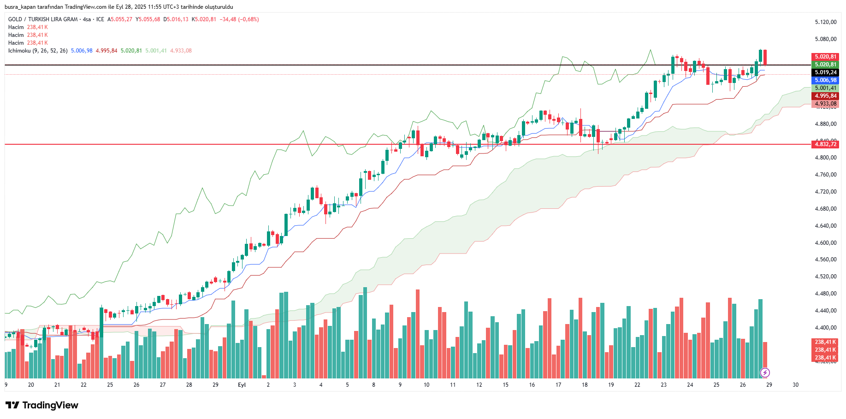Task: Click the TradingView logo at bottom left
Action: (x=42, y=405)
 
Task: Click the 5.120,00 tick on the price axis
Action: (x=825, y=22)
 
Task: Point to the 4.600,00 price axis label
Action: (x=825, y=243)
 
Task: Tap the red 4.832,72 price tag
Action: (x=825, y=144)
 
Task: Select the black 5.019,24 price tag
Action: (x=825, y=72)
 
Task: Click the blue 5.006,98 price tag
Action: (x=825, y=80)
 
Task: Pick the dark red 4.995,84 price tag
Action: (x=825, y=96)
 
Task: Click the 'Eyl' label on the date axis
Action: (x=242, y=385)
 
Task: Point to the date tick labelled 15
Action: (x=505, y=385)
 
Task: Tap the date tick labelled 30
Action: (x=795, y=385)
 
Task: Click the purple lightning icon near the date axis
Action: (x=765, y=372)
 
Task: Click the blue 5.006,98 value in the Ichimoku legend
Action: (x=82, y=51)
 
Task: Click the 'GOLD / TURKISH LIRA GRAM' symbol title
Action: (x=43, y=19)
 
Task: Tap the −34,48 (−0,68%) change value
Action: (x=239, y=19)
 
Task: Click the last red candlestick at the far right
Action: (x=765, y=57)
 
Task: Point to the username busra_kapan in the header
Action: (x=21, y=7)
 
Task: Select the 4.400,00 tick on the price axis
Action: (x=825, y=328)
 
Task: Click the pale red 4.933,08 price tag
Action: (x=825, y=104)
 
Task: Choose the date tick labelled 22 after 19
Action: (x=637, y=385)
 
